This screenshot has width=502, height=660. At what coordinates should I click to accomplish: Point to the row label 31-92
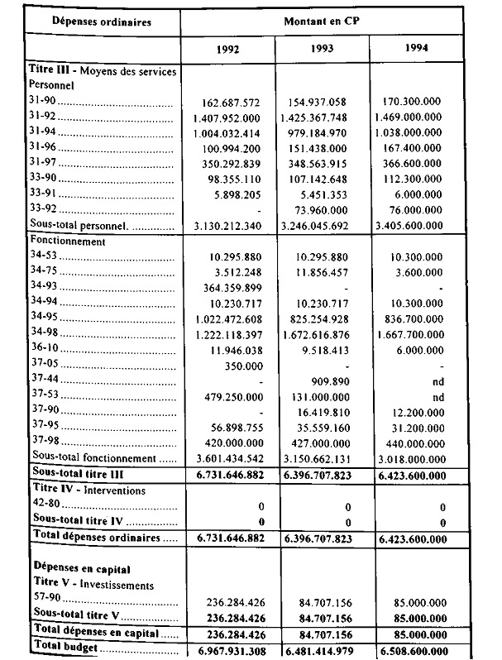tap(41, 117)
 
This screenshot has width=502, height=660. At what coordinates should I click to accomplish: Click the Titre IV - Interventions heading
tap(87, 491)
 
